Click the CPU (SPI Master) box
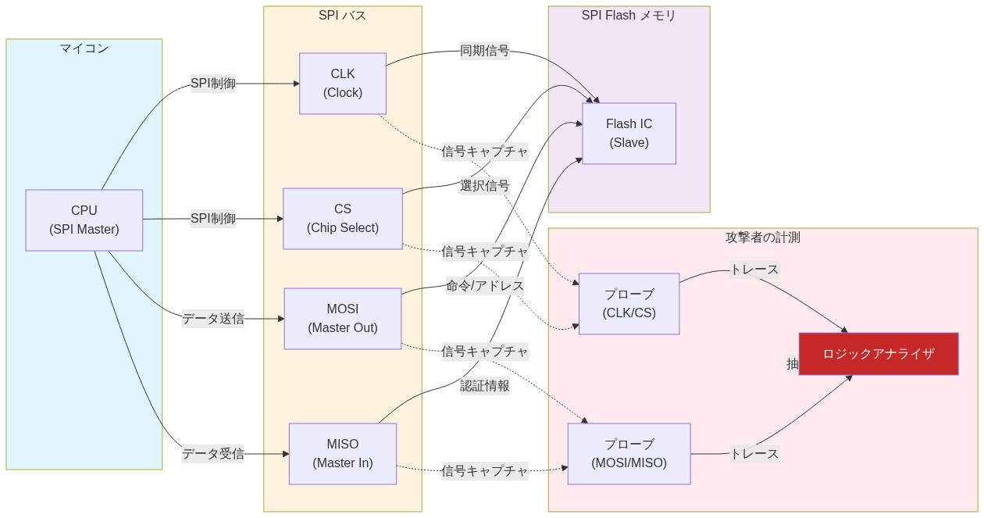[84, 220]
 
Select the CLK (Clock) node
[343, 84]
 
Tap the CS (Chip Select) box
[343, 219]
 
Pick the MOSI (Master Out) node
[343, 319]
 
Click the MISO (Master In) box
[343, 453]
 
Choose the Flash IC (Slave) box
[629, 134]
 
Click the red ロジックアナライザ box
[878, 354]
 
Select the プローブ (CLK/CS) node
[629, 304]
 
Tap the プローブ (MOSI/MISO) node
[629, 453]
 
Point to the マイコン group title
[84, 48]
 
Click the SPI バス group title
[342, 16]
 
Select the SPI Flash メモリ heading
[629, 16]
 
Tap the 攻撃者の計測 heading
[762, 238]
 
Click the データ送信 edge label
[213, 319]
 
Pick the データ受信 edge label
[213, 453]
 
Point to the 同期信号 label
[484, 52]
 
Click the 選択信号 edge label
[484, 186]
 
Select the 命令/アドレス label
[484, 286]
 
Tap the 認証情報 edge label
[484, 385]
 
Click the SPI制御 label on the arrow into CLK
[213, 84]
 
